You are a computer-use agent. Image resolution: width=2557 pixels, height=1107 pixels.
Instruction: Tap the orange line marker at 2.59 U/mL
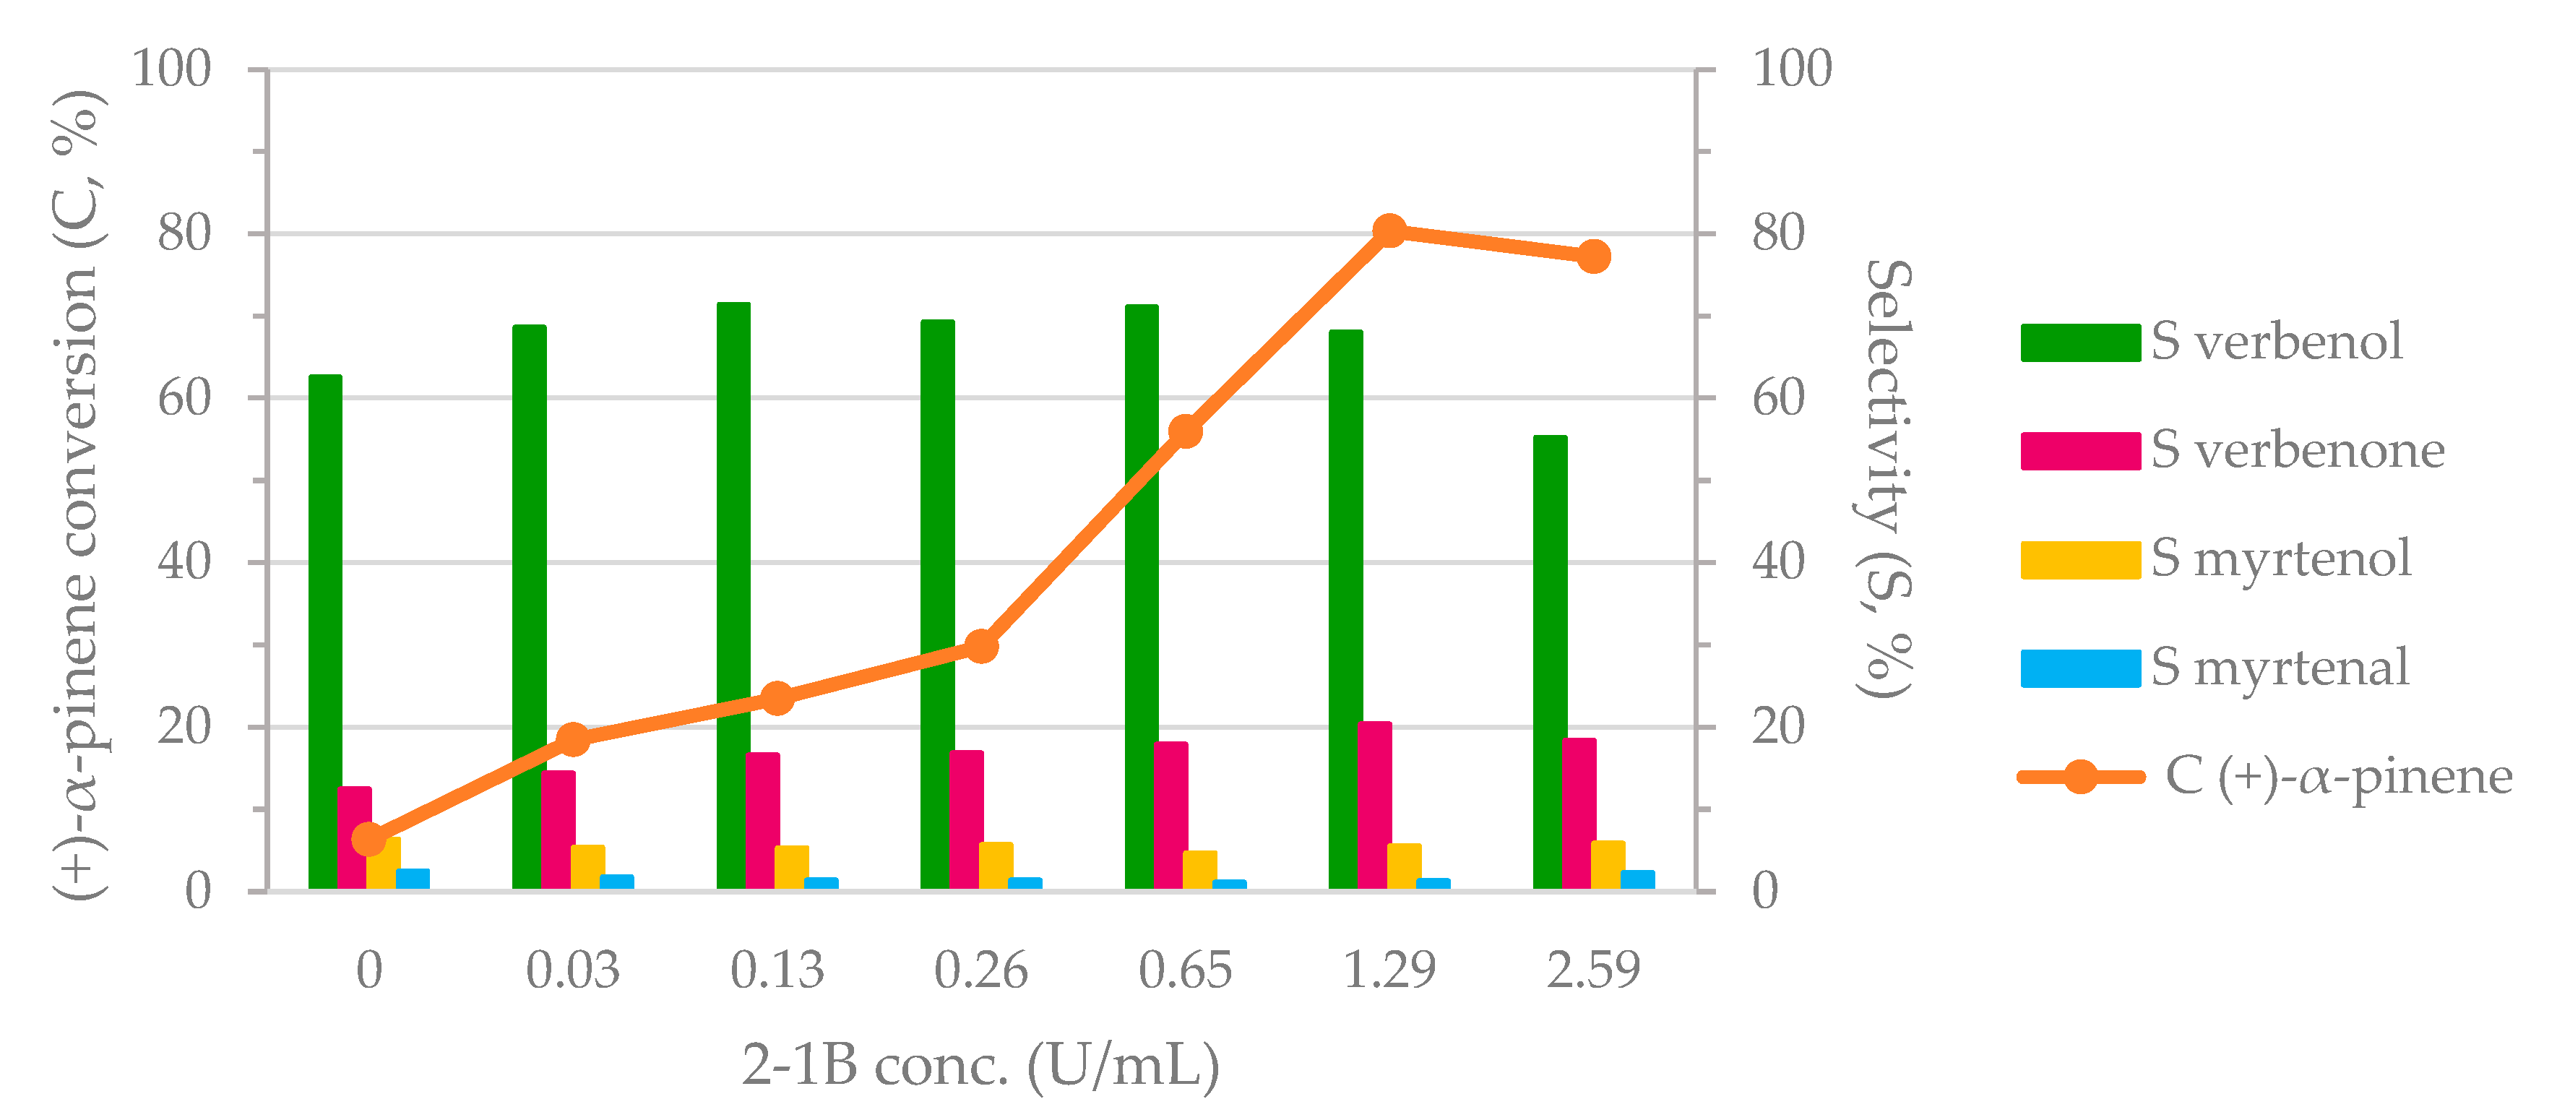(x=1593, y=256)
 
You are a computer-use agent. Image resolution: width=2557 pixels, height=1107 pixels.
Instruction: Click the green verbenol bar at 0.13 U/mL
(x=733, y=595)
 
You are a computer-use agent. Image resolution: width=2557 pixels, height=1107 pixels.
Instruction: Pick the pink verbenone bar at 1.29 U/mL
(x=1375, y=805)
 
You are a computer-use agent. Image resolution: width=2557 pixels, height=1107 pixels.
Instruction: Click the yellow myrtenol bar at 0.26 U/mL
(x=996, y=866)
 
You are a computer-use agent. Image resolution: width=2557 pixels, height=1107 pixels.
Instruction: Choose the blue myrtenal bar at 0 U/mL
(x=413, y=879)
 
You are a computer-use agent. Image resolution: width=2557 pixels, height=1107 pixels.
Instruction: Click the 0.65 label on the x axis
(x=1185, y=970)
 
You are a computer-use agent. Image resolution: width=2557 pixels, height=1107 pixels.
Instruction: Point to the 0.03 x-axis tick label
(x=573, y=970)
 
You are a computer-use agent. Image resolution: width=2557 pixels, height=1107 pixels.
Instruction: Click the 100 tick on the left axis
(x=172, y=69)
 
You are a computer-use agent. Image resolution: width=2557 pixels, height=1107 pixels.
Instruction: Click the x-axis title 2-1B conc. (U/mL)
(x=980, y=1067)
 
